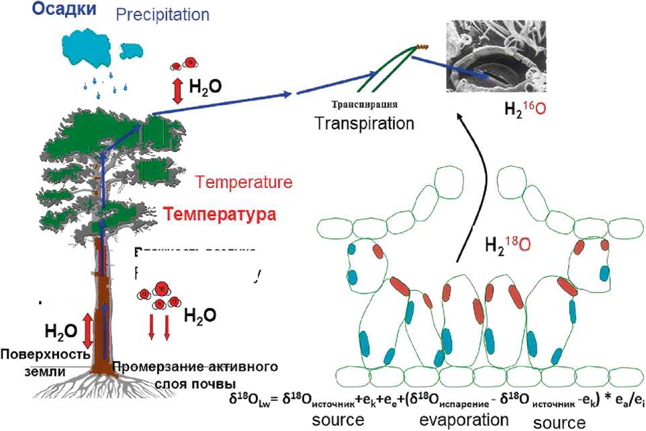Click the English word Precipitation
(x=163, y=14)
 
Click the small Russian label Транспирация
(x=364, y=105)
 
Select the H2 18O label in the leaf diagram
(x=506, y=242)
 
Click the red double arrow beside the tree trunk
(x=87, y=330)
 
